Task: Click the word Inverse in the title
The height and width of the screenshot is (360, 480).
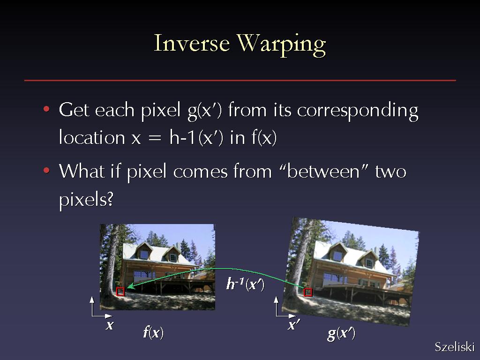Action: coord(192,43)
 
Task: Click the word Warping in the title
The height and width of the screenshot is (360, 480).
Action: coord(281,45)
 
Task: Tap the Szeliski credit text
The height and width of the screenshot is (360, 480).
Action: coord(455,346)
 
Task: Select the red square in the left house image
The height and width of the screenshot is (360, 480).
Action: coord(120,292)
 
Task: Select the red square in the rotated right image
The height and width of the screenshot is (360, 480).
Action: coord(308,292)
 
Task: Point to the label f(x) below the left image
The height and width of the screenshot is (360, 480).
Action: coord(153,332)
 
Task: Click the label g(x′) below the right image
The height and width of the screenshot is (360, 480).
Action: coord(341,334)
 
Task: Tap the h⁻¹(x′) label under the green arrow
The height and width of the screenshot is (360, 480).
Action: coord(245,284)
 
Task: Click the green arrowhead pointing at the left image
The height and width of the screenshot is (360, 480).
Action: coord(130,286)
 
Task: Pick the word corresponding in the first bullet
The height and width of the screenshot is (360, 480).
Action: coord(358,111)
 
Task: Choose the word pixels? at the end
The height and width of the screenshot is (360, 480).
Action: coord(86,200)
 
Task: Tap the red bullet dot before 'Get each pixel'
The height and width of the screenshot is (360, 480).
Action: coord(46,109)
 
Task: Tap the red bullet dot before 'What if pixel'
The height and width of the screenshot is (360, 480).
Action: coord(46,170)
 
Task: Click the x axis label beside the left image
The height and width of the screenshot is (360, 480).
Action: coord(110,325)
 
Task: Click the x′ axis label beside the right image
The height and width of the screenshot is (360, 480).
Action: coord(293,325)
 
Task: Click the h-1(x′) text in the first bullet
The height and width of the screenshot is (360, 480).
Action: coord(196,137)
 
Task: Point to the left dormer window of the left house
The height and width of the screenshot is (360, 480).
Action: coord(144,255)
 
